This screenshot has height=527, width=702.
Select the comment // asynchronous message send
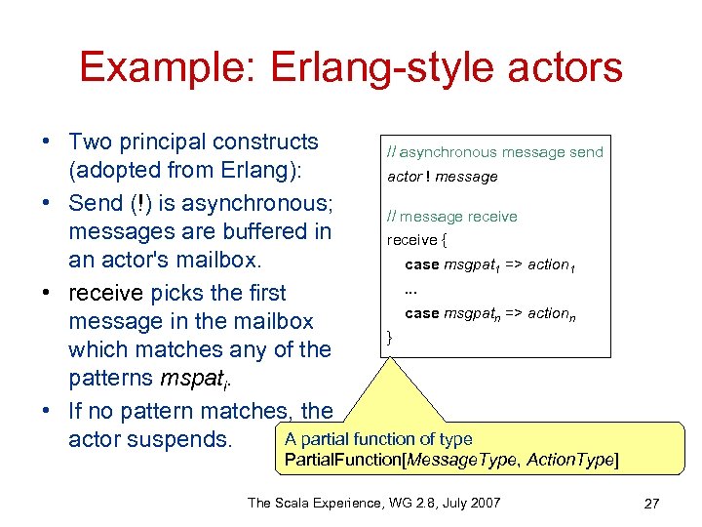[494, 152]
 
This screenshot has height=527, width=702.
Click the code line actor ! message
[442, 177]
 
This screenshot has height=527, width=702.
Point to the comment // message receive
[451, 217]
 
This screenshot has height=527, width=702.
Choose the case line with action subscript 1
[489, 265]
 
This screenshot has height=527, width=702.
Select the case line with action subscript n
[489, 313]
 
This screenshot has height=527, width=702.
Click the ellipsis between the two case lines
[410, 289]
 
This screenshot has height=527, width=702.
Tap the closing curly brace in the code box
[390, 337]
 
